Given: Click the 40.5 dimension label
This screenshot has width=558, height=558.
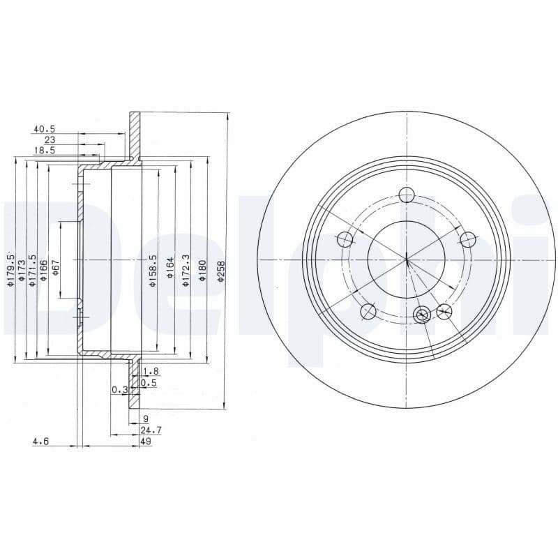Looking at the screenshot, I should coord(43,129).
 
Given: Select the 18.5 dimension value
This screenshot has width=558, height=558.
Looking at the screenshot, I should coord(43,150).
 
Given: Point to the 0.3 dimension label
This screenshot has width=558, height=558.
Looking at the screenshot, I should coord(119,390).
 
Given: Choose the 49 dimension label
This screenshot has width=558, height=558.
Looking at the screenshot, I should coord(146,441).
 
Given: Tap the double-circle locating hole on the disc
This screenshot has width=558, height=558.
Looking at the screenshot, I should coord(422,315).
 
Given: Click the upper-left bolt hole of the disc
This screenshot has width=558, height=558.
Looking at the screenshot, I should coord(345,239).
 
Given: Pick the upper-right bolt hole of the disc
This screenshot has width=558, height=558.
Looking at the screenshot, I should coord(468,239).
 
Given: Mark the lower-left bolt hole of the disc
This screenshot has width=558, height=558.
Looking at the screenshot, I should coord(368,311).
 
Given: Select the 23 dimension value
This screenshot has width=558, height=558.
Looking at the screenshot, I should coord(50,139).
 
